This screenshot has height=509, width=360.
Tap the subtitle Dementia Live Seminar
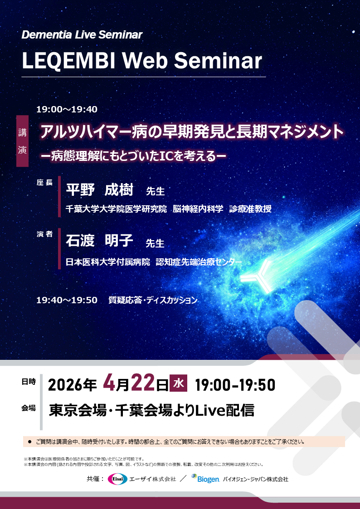(x=82, y=35)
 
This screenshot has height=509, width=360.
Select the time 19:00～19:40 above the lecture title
(x=67, y=109)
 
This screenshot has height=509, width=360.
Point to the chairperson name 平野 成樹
(x=100, y=189)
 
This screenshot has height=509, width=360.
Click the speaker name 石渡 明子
(x=100, y=241)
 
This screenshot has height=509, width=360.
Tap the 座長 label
(x=45, y=183)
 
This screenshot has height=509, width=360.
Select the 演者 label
(x=45, y=234)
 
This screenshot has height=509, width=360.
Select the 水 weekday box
(x=178, y=383)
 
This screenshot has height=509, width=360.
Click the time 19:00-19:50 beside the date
(x=235, y=385)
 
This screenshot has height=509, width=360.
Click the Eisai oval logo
(x=117, y=479)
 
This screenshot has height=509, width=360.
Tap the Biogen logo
(x=205, y=479)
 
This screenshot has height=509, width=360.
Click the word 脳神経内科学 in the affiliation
(x=198, y=209)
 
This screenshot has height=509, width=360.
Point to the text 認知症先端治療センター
(x=199, y=262)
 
